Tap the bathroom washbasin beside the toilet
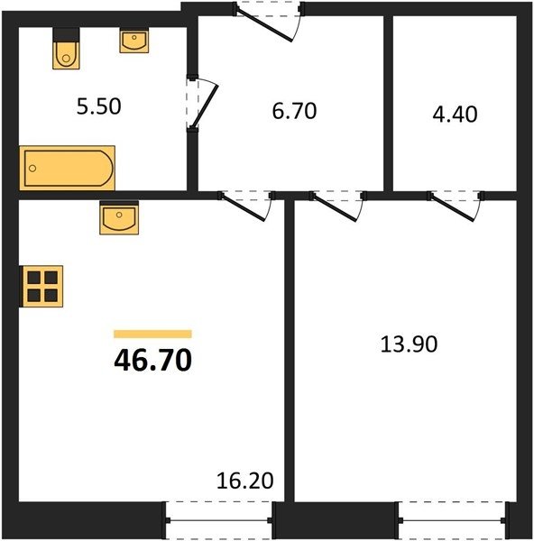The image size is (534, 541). tap(134, 41)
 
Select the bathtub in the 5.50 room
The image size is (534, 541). tap(68, 168)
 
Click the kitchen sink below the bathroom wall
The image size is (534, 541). tap(119, 219)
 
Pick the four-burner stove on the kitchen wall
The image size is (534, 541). tap(41, 286)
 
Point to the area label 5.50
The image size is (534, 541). tap(98, 106)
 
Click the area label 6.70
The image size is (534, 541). tap(294, 111)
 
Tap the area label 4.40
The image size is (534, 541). tap(455, 115)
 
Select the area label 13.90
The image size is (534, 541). tap(409, 344)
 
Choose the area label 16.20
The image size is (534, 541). tap(245, 481)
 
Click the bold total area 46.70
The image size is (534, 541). tap(152, 360)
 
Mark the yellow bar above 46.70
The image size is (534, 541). tap(152, 334)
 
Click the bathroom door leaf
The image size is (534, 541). tap(206, 105)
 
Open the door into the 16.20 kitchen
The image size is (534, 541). tap(244, 207)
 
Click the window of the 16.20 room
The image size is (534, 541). tap(219, 520)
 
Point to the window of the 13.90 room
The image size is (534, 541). tap(452, 520)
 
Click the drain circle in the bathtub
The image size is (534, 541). tap(32, 169)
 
